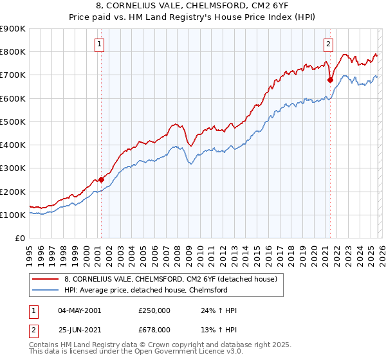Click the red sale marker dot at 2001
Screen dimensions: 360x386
pyautogui.click(x=101, y=180)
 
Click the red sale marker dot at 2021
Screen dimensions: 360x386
pyautogui.click(x=330, y=80)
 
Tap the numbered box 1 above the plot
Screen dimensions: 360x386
pyautogui.click(x=101, y=44)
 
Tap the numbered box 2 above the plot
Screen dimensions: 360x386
pyautogui.click(x=329, y=44)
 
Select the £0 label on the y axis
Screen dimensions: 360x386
pyautogui.click(x=20, y=239)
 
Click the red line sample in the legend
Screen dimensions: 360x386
pyautogui.click(x=46, y=279)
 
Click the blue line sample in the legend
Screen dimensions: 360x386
pyautogui.click(x=46, y=290)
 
